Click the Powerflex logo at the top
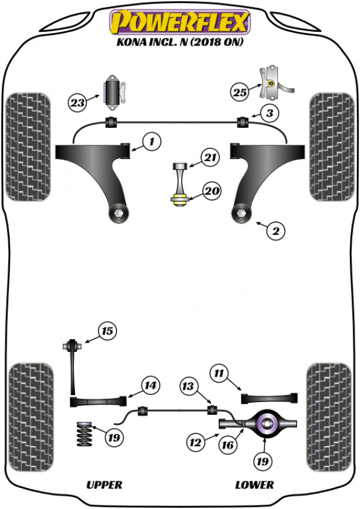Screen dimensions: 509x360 178,22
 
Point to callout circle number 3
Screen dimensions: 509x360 254,112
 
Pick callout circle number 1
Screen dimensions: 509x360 152,142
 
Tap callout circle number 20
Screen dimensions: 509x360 212,192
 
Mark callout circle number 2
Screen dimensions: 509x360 275,230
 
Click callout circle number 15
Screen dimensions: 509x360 107,331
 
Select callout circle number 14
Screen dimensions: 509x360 149,385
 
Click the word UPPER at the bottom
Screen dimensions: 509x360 104,484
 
